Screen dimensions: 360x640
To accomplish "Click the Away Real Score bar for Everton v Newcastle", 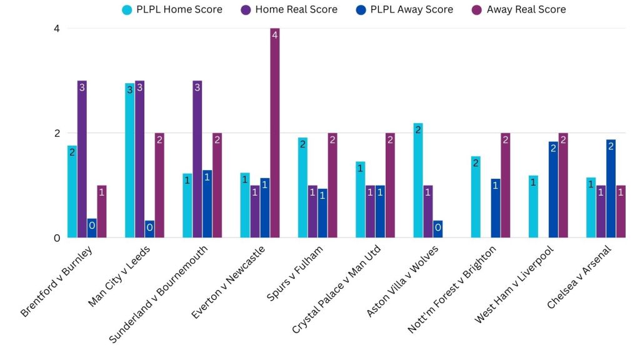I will pyautogui.click(x=274, y=132).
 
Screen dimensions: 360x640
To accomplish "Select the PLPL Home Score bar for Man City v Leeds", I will pyautogui.click(x=130, y=160).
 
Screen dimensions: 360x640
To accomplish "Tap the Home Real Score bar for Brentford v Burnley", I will pyautogui.click(x=82, y=159).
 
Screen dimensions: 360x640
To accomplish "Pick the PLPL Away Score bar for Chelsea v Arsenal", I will pyautogui.click(x=611, y=188).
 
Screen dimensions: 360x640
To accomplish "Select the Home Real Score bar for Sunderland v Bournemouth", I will pyautogui.click(x=197, y=159).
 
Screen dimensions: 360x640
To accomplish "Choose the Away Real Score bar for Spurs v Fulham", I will pyautogui.click(x=332, y=185).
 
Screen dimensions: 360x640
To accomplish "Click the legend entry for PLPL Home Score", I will pyautogui.click(x=172, y=9).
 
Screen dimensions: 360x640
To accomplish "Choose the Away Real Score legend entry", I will pyautogui.click(x=518, y=9).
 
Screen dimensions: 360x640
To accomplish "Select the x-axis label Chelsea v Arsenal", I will pyautogui.click(x=578, y=277).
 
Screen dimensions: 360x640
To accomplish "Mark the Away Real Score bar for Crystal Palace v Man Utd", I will pyautogui.click(x=389, y=185).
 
